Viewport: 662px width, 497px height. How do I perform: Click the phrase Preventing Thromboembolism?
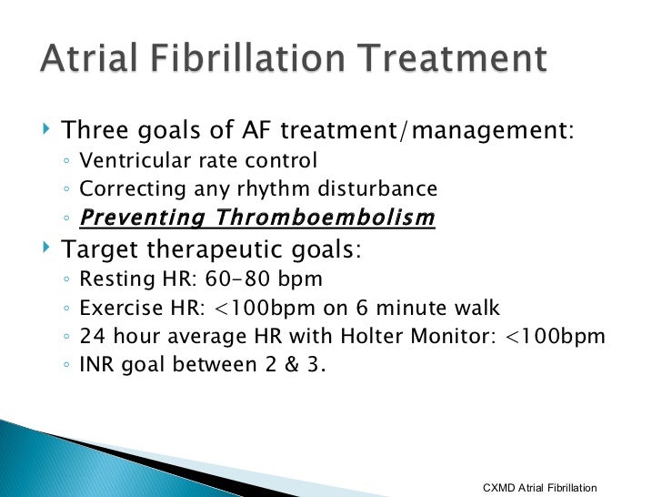pos(257,218)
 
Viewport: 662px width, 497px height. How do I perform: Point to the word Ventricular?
pos(135,161)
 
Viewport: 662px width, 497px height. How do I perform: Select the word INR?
pos(98,364)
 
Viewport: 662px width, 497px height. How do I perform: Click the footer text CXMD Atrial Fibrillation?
pos(539,488)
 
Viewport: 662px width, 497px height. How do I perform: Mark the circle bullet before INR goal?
pos(69,365)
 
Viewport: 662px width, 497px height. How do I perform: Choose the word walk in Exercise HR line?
pos(475,308)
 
